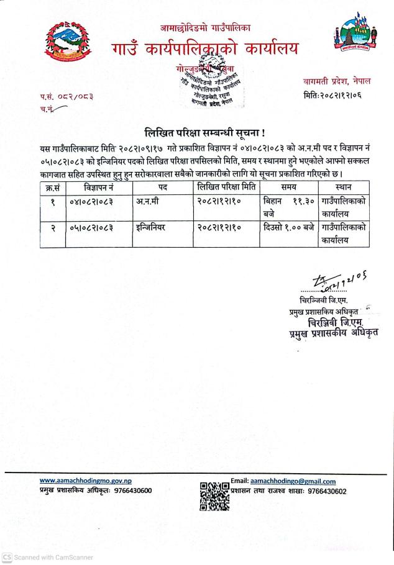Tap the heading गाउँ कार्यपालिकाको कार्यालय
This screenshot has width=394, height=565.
(206, 48)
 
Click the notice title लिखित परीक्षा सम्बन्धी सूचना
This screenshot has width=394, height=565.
(197, 131)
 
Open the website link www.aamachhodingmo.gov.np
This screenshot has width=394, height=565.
(85, 481)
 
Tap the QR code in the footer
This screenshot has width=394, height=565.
(214, 496)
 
